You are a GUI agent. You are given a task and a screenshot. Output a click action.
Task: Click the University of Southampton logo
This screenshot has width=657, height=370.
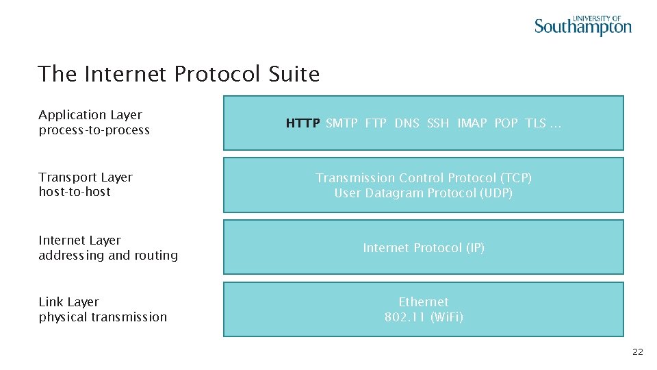point(582,25)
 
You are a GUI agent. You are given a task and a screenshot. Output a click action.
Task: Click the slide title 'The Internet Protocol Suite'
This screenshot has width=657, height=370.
point(179,73)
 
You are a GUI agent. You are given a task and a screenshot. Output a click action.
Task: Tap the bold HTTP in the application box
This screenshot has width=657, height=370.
point(302,123)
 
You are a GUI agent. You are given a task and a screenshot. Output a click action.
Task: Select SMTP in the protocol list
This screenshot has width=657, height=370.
point(342,123)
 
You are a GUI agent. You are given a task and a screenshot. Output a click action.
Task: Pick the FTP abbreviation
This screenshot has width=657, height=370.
point(376,123)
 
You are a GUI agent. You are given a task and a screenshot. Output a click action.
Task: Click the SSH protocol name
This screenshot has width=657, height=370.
point(438,123)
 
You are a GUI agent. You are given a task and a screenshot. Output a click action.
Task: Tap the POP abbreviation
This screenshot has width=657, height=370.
point(506,123)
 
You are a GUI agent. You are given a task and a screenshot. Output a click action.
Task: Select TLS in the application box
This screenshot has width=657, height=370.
point(535,123)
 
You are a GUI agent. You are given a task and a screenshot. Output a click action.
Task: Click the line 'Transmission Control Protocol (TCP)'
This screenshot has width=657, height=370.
point(424,178)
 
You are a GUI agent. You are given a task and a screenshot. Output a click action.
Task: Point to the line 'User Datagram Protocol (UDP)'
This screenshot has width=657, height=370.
point(424,193)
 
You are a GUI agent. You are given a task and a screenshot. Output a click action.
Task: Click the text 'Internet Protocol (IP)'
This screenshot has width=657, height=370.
point(424,248)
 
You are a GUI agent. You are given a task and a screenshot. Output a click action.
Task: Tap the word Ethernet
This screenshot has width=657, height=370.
point(424,302)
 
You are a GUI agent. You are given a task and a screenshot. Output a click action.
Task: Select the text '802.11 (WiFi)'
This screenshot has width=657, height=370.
point(424,317)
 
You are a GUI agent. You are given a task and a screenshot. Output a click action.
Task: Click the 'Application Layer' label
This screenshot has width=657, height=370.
point(90,115)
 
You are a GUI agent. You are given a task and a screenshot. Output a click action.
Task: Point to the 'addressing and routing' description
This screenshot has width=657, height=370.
point(108,256)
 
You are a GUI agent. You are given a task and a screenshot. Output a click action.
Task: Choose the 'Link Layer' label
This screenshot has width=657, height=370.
point(68,302)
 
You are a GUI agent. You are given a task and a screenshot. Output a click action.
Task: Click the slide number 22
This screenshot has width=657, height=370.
point(637,352)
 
